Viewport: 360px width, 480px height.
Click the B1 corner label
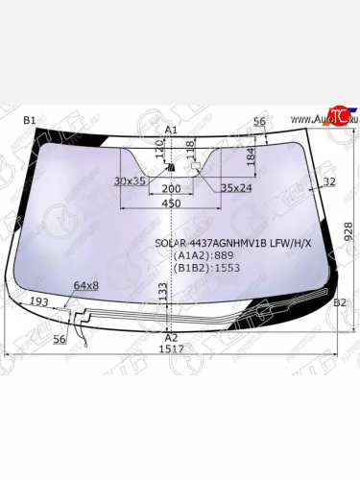(x=29, y=119)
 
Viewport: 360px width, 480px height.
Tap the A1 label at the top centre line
(x=171, y=129)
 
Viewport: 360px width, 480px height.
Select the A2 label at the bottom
(x=171, y=338)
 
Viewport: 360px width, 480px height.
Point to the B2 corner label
(x=339, y=302)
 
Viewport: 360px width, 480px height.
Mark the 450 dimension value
(x=171, y=204)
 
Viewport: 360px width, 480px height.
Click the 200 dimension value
(x=171, y=189)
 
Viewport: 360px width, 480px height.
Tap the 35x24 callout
(x=236, y=188)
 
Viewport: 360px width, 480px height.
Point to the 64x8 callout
(x=86, y=285)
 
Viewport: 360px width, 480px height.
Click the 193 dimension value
(x=38, y=302)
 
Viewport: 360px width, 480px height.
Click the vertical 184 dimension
(x=250, y=156)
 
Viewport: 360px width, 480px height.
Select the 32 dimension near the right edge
(x=329, y=180)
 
